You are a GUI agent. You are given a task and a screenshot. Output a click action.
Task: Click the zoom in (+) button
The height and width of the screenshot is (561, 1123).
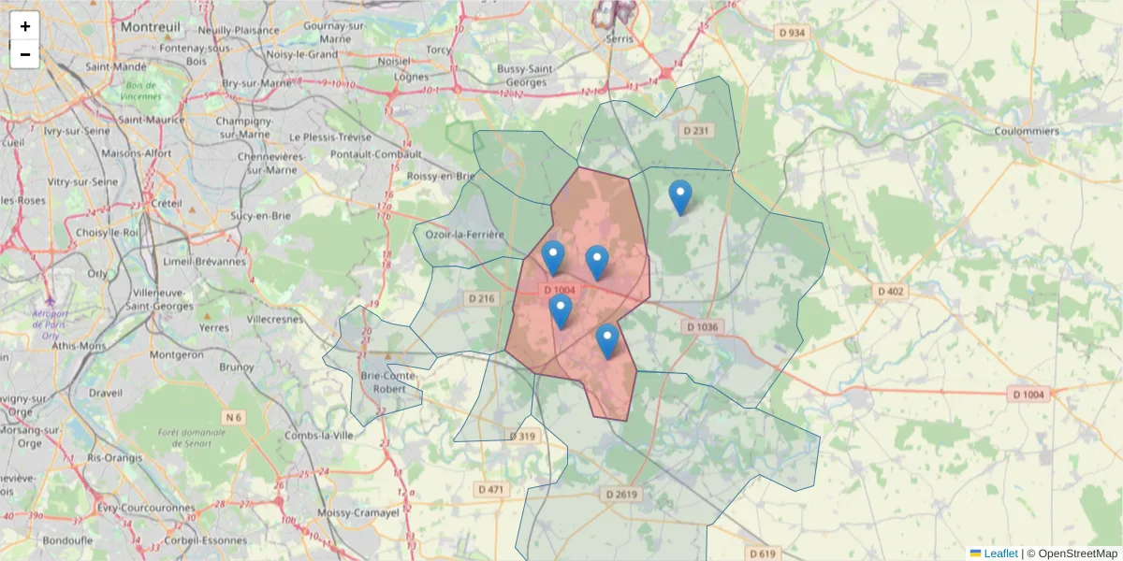click(x=25, y=26)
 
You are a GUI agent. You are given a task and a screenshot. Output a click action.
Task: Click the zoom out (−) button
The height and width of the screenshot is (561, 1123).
click(x=25, y=54)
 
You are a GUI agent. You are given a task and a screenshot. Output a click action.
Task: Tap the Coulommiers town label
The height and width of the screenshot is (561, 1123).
click(x=1028, y=132)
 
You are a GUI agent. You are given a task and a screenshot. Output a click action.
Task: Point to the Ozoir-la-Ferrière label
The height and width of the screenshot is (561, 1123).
click(x=465, y=235)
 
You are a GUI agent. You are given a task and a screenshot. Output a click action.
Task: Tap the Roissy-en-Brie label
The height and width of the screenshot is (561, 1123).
click(x=443, y=176)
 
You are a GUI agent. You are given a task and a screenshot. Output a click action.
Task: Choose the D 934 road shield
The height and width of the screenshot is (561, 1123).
click(x=791, y=33)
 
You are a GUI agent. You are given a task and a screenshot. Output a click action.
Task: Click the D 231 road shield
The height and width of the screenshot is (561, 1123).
click(x=697, y=131)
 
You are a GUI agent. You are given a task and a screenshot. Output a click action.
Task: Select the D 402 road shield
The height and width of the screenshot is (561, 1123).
click(x=890, y=292)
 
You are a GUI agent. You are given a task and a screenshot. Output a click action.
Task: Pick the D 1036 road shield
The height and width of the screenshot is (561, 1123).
click(x=702, y=327)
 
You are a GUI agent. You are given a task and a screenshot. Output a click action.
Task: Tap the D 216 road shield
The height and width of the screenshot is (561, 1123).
click(x=480, y=298)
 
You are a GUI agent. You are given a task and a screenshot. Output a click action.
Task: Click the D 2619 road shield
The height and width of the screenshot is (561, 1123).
click(x=620, y=494)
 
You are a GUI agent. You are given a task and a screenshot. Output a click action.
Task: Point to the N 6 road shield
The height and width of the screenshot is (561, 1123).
click(x=233, y=417)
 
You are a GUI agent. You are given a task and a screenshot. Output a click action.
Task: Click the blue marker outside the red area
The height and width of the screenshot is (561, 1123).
click(x=680, y=197)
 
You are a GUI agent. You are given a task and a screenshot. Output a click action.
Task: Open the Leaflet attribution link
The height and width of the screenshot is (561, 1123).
click(x=1000, y=554)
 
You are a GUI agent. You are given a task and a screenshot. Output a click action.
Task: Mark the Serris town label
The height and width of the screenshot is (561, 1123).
click(x=619, y=39)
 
